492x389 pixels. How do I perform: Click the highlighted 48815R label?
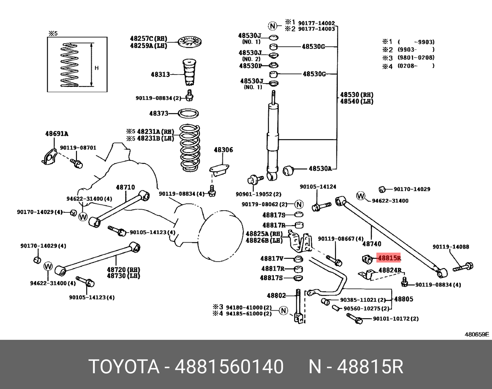click(x=389, y=258)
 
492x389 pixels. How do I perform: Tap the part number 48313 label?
click(x=160, y=74)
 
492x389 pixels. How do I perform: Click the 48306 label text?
click(x=223, y=150)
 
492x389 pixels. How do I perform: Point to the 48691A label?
click(x=56, y=134)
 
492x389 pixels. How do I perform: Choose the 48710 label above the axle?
click(x=125, y=187)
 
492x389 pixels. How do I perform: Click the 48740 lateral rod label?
click(x=372, y=244)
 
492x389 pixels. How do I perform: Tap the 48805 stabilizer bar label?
click(x=403, y=299)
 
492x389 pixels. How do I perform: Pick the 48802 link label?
click(x=276, y=295)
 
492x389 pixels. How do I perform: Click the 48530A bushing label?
click(x=320, y=168)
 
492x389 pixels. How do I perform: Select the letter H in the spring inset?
click(x=97, y=68)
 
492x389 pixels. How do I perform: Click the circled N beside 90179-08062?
click(x=299, y=204)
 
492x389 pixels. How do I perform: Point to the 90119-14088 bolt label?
click(x=451, y=247)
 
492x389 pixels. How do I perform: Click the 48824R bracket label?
click(x=390, y=270)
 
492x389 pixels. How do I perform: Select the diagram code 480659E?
click(x=477, y=334)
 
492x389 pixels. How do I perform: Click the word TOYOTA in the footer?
click(x=124, y=366)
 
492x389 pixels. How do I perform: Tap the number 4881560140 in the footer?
click(x=229, y=366)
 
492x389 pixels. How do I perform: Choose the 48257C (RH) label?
click(x=148, y=38)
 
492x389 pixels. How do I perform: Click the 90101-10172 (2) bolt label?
click(x=396, y=319)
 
